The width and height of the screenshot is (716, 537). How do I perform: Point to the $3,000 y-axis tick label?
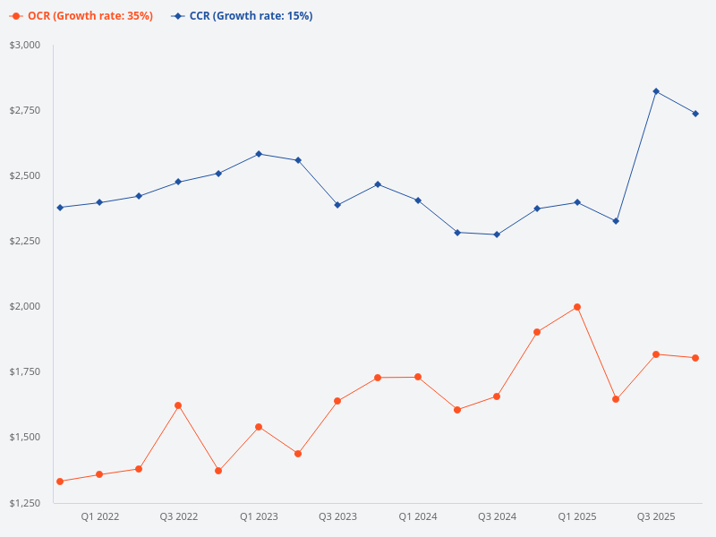pos(26,45)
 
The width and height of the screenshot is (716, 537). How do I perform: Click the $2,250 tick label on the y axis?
pos(26,241)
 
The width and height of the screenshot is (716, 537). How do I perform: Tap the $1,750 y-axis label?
pos(26,371)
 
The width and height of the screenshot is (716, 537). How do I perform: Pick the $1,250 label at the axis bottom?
pos(26,503)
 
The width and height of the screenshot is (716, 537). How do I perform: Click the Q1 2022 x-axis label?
pos(99,516)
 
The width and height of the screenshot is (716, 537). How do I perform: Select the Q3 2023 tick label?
pos(337,516)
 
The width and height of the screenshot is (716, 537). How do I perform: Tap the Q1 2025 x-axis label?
pos(577,516)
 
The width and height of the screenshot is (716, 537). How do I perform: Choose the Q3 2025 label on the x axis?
pos(656,516)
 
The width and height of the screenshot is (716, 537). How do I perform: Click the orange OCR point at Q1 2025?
pos(577,307)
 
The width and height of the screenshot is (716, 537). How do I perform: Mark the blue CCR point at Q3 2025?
pos(656,91)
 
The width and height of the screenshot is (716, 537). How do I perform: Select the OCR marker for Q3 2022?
pos(178,405)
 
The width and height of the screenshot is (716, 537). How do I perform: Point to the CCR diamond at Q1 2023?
pos(259,154)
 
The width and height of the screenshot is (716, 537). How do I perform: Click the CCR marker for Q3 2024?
pos(497,234)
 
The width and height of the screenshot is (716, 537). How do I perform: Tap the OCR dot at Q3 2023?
pos(337,401)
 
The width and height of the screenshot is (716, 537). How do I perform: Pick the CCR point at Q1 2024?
pos(418,200)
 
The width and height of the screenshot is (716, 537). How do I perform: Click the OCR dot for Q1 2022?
pos(99,474)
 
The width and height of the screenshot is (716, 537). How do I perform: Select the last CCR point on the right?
pos(695,114)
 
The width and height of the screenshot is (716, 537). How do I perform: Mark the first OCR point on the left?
pos(60,482)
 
